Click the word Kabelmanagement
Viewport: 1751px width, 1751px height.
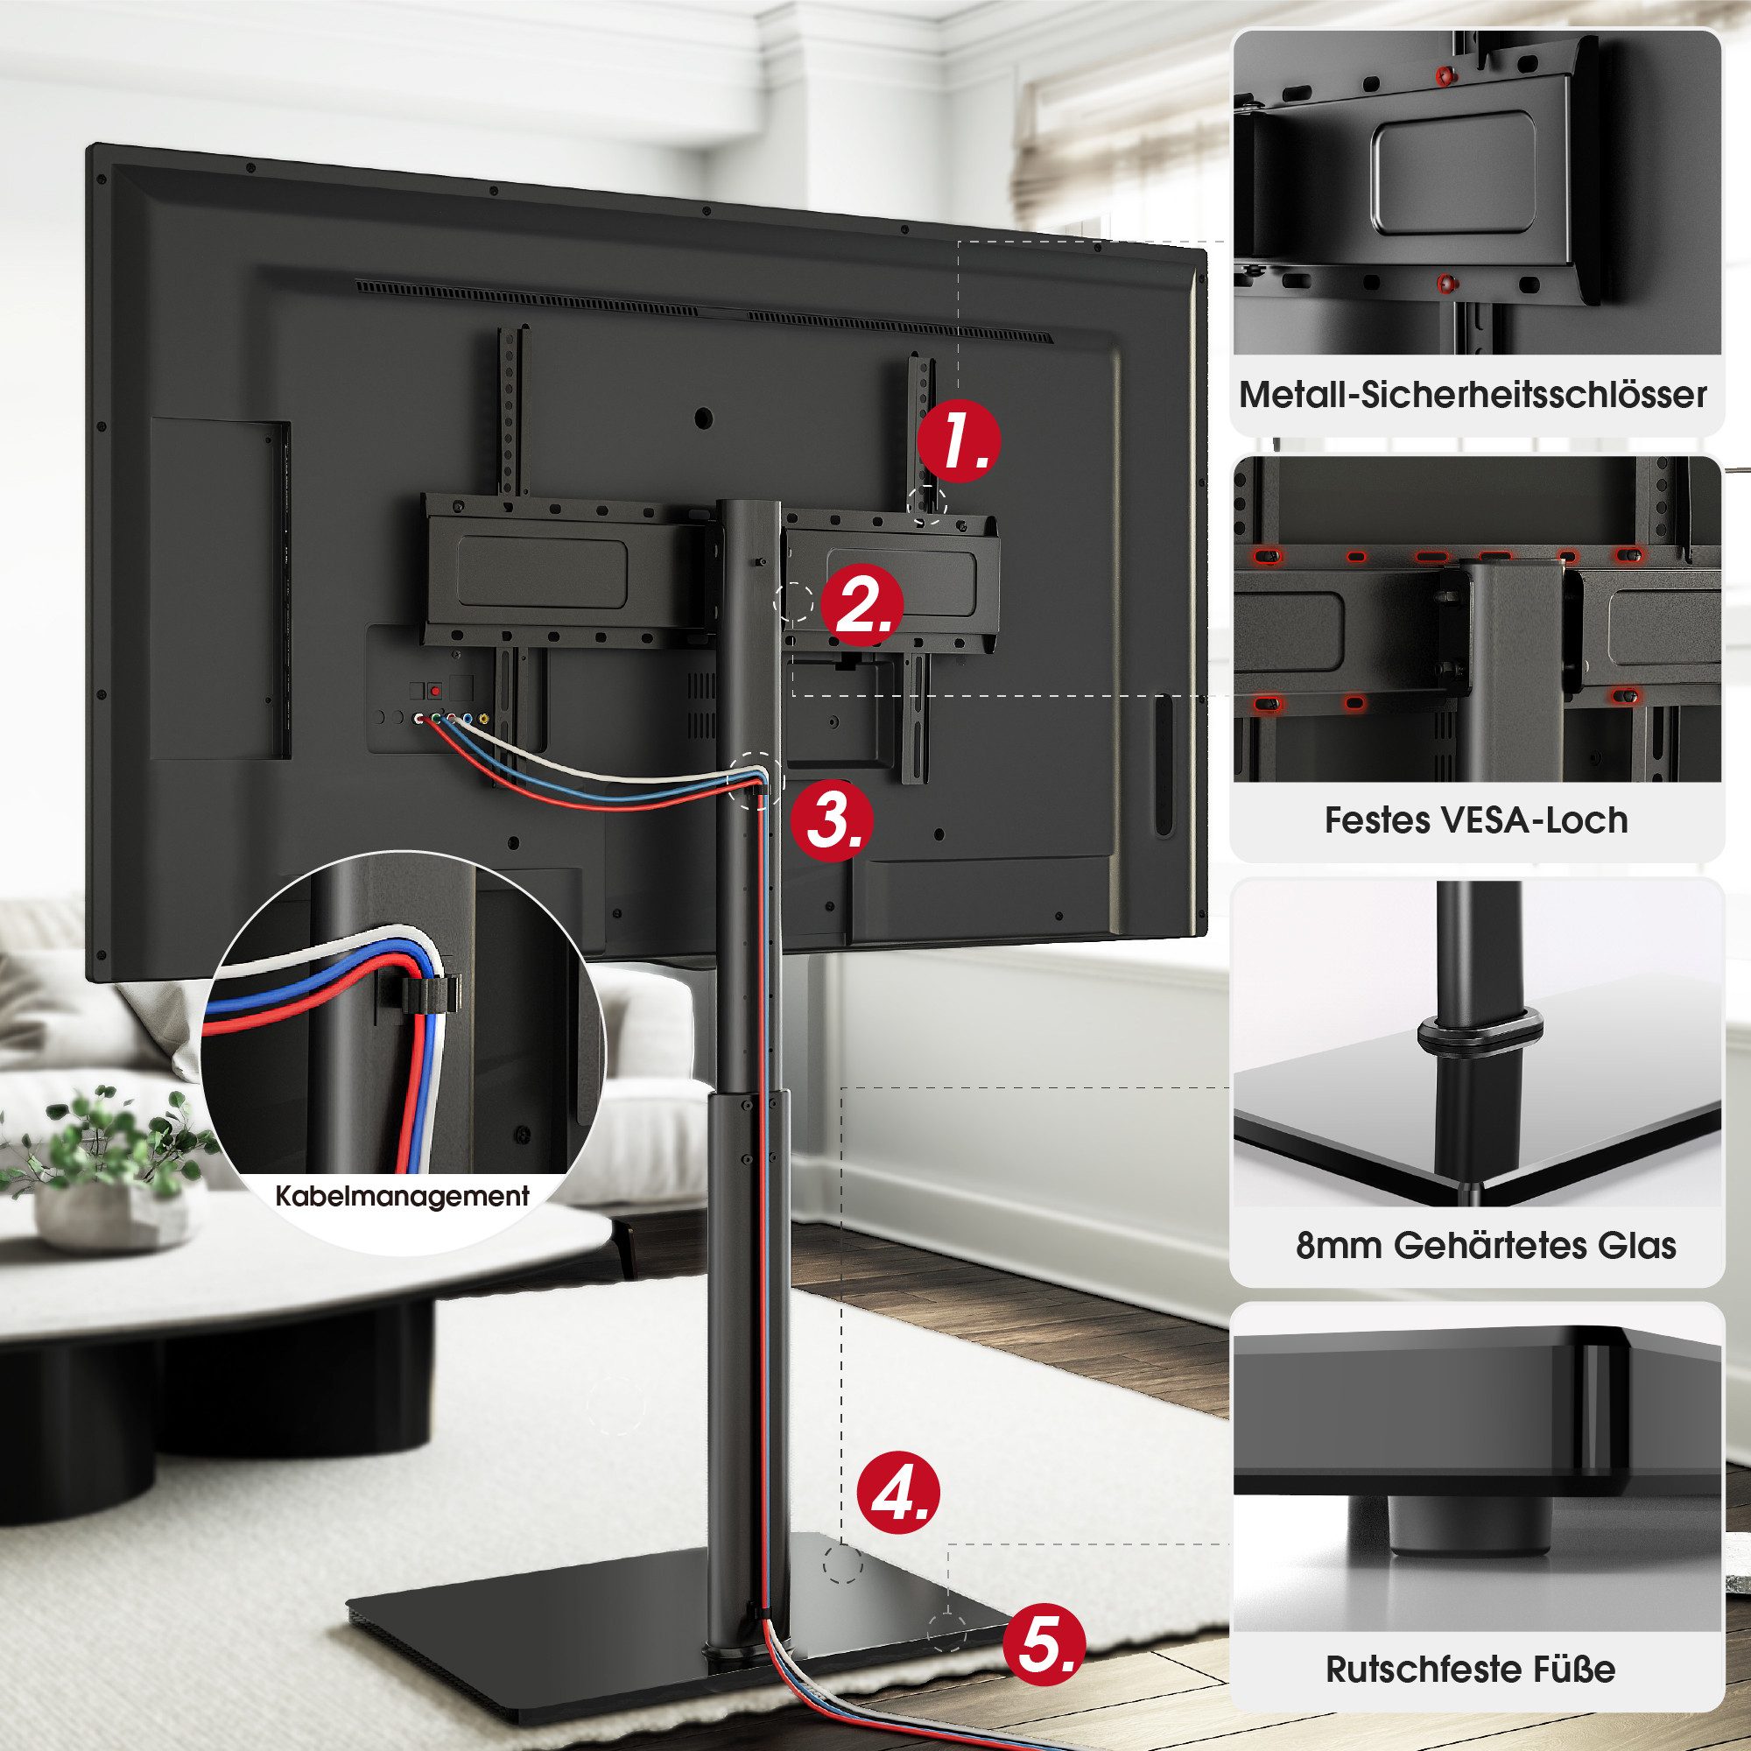403,1196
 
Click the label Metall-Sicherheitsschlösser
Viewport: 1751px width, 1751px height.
1473,395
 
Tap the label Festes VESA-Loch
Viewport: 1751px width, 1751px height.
1475,820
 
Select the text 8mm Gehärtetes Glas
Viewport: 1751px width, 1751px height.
1486,1245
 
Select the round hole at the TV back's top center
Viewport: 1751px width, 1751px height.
702,418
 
